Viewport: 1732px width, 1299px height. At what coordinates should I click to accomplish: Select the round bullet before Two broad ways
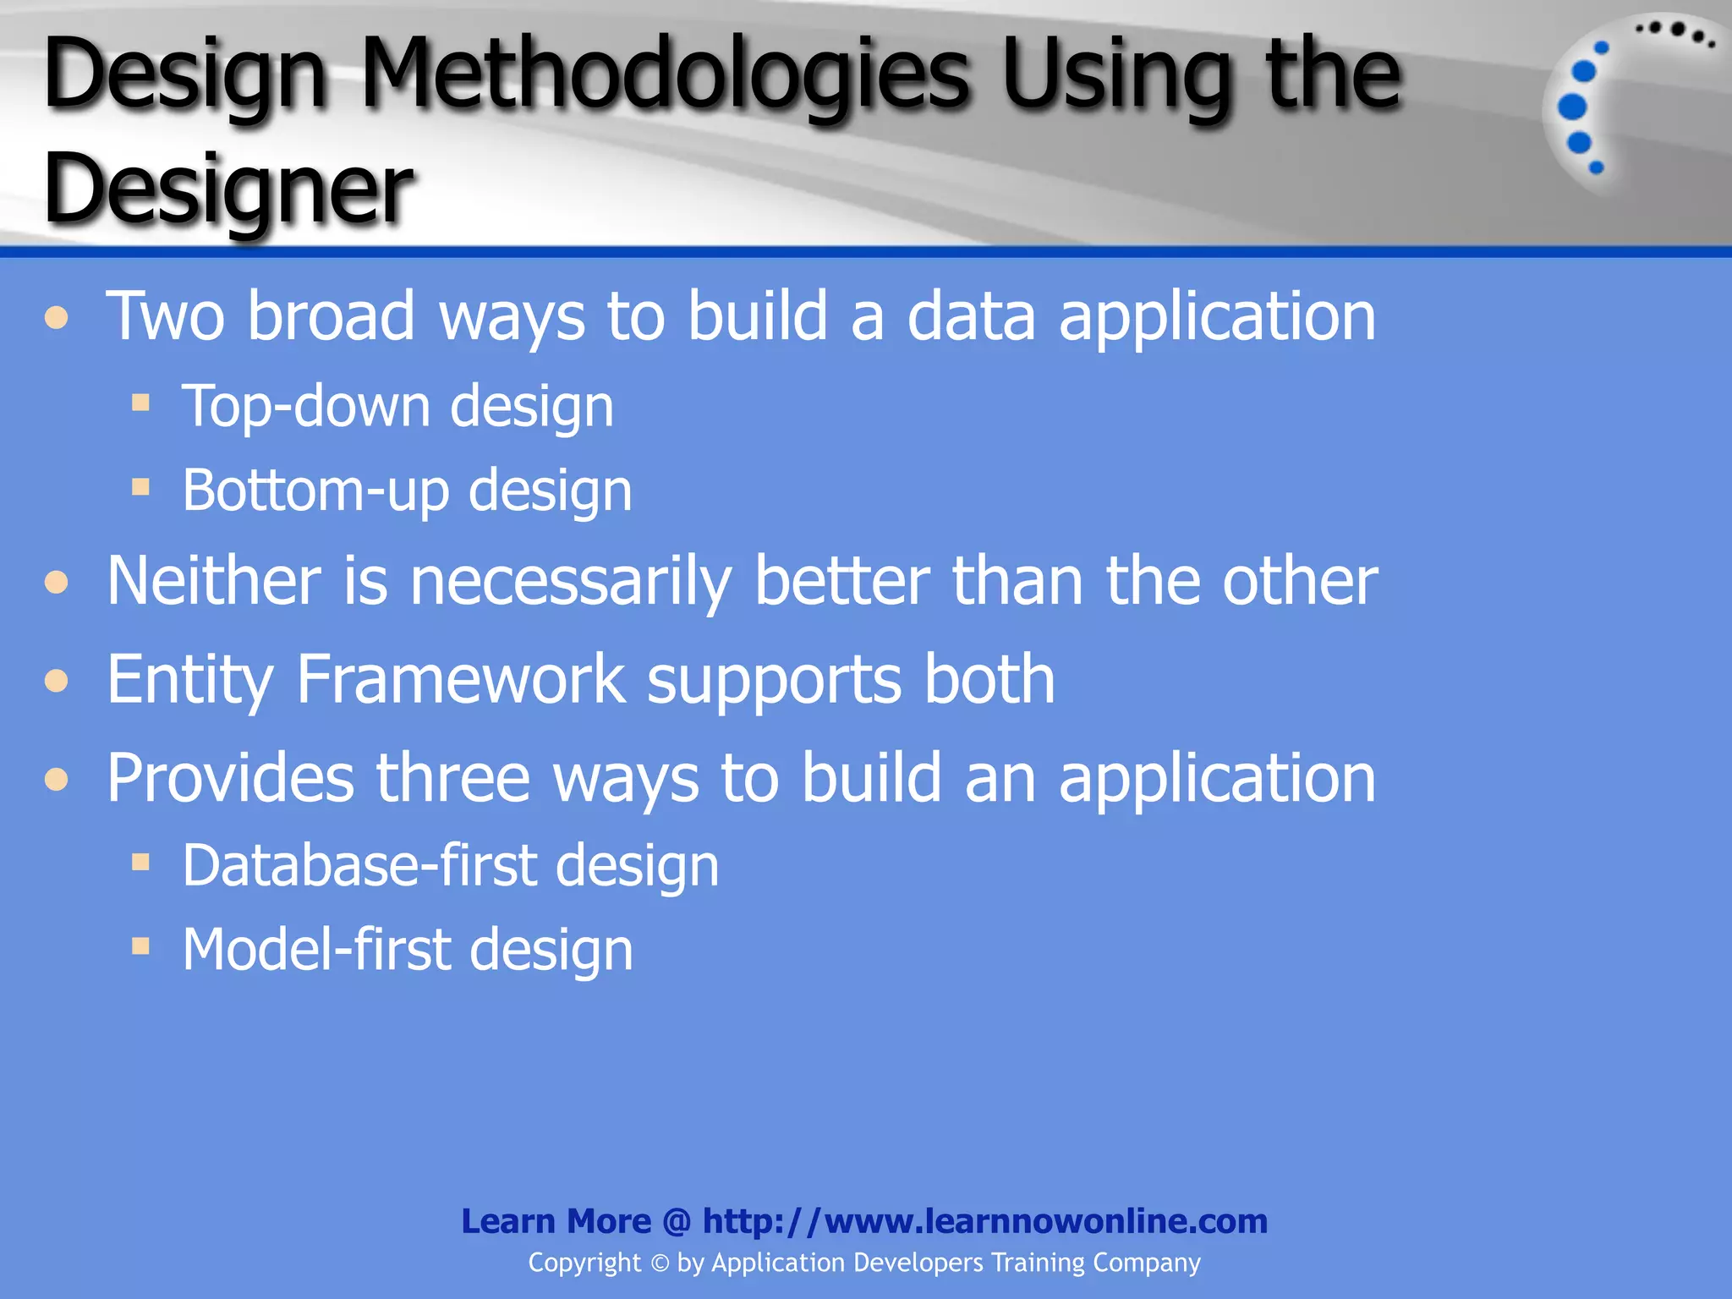(x=57, y=318)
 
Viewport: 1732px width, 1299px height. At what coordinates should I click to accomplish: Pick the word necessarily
(x=571, y=584)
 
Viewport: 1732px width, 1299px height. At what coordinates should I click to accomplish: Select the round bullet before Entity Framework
(x=57, y=680)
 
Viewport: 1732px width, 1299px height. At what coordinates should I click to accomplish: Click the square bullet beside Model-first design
(x=140, y=945)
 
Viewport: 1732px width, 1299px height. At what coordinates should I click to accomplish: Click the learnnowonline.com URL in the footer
(x=985, y=1221)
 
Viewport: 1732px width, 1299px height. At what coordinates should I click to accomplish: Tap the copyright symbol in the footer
(x=660, y=1263)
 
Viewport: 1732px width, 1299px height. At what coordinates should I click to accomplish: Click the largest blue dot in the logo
(x=1572, y=107)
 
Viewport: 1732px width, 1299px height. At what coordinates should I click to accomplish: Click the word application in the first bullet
(x=1217, y=318)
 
